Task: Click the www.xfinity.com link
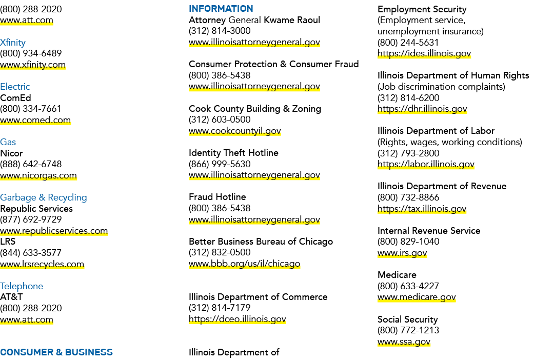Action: tap(33, 65)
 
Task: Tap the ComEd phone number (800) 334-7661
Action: tap(31, 109)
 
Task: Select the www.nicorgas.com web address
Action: tap(38, 175)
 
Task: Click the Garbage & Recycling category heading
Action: tap(44, 197)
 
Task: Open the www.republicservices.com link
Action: tap(54, 231)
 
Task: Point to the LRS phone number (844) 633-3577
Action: tap(31, 253)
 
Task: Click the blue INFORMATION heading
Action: tap(221, 9)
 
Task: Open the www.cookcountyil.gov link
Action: tap(234, 131)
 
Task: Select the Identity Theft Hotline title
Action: tap(233, 153)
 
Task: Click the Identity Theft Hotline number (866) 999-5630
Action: tap(220, 164)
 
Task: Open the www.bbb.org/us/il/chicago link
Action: tap(244, 264)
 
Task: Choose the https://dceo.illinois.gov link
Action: tap(237, 319)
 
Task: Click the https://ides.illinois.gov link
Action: tap(424, 53)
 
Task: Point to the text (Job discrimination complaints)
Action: tap(441, 87)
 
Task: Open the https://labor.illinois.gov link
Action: tap(426, 164)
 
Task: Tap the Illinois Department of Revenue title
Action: tap(442, 186)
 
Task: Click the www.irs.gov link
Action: tap(402, 253)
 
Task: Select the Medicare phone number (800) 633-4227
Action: tap(408, 286)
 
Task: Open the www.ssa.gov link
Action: tap(404, 342)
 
